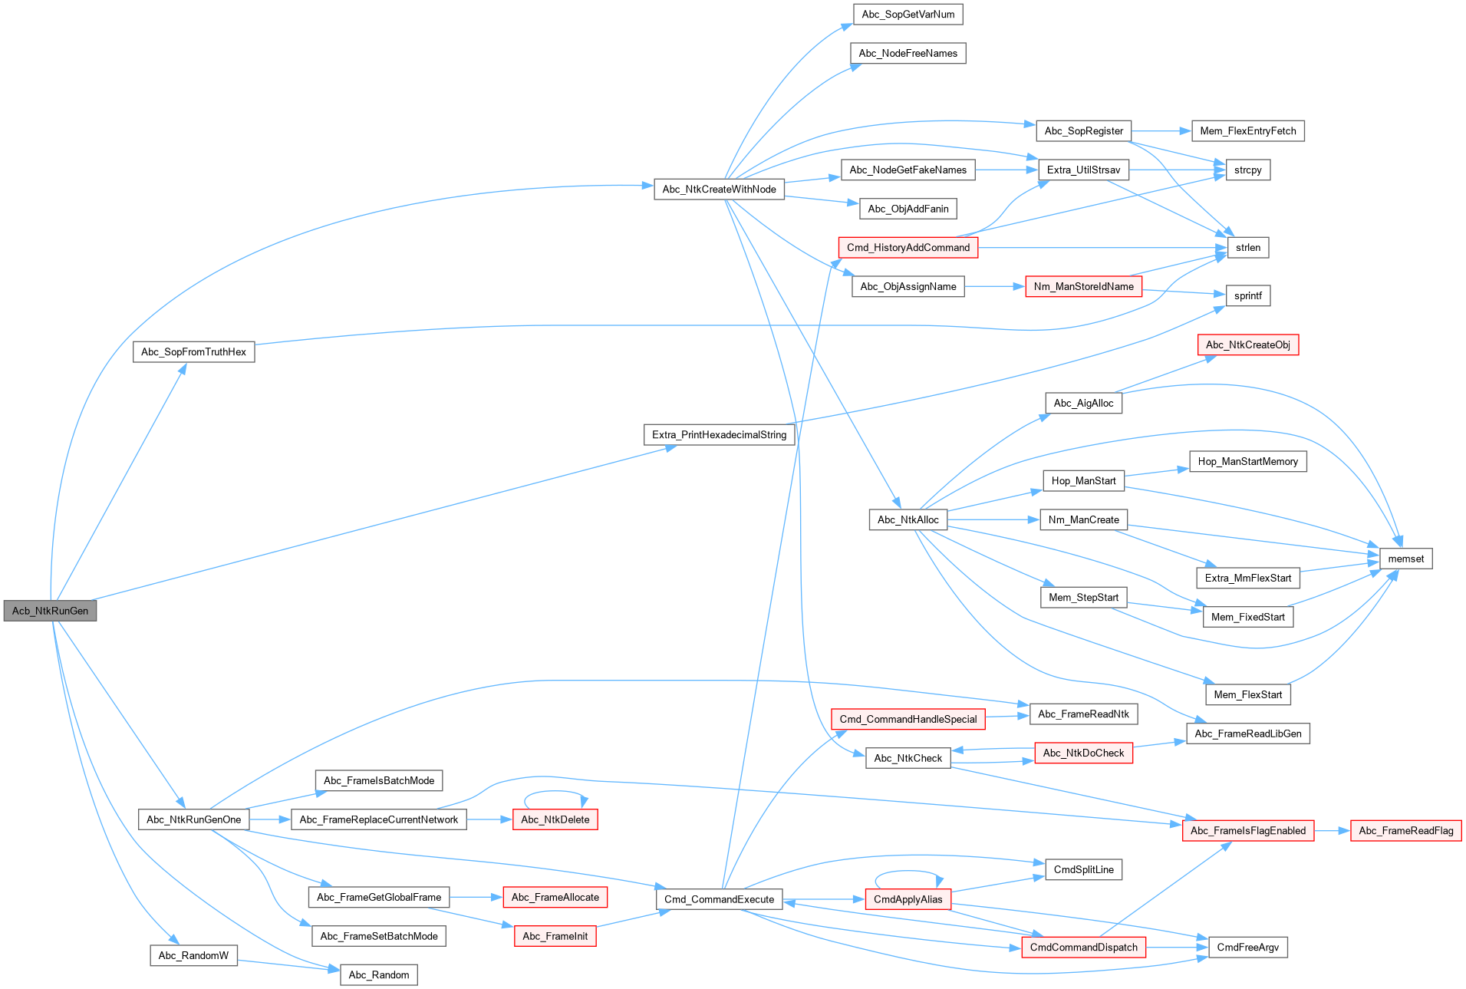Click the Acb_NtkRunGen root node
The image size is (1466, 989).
(50, 611)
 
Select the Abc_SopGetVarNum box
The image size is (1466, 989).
(908, 15)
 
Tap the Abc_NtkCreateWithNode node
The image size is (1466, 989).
(719, 190)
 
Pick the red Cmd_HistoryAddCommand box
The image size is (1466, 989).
(908, 248)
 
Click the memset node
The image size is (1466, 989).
(1405, 559)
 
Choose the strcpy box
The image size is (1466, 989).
(1247, 170)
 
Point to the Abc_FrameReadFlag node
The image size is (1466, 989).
(1405, 831)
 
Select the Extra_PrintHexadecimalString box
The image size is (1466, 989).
(719, 435)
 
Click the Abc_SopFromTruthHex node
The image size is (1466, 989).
(193, 352)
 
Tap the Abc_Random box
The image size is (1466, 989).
(378, 975)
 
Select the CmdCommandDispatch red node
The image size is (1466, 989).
(1083, 948)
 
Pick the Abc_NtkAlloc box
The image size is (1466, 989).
(908, 520)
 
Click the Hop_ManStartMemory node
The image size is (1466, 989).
(1247, 462)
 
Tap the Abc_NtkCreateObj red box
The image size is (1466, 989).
(1247, 345)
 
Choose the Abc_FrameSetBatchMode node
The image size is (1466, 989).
(378, 936)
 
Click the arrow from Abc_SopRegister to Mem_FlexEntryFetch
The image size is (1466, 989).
(1161, 131)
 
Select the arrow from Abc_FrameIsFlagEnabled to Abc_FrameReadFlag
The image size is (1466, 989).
(1332, 831)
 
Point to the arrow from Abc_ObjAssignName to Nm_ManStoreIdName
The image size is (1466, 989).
(995, 287)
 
